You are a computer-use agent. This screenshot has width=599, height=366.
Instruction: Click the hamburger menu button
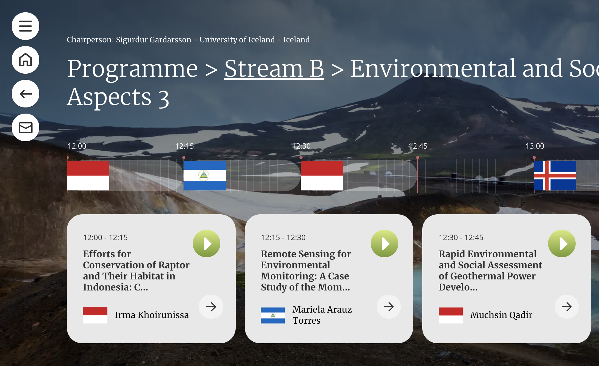point(25,26)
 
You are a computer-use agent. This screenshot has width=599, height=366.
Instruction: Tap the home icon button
point(25,60)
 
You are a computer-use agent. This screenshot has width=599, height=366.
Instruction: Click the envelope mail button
point(25,127)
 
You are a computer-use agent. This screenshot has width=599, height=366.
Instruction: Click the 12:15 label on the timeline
point(184,146)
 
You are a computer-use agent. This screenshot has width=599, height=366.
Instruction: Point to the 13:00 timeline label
point(535,146)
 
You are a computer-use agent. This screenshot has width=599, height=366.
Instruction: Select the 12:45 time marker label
point(418,146)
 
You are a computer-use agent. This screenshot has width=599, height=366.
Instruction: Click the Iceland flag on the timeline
point(555,176)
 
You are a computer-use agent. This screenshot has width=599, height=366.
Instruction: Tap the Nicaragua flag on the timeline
point(205,176)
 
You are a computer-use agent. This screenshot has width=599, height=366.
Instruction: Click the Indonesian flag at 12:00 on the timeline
point(88,176)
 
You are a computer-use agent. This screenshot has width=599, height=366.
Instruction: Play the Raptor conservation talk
point(207,243)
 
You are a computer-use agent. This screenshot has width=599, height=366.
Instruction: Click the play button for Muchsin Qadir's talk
point(562,243)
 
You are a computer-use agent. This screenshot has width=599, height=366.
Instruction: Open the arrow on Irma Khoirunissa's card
point(211,307)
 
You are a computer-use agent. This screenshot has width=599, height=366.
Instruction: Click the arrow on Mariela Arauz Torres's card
point(389,307)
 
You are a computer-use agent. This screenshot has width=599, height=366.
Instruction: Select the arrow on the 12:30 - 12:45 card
point(566,307)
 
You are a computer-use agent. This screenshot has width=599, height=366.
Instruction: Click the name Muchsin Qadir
point(501,315)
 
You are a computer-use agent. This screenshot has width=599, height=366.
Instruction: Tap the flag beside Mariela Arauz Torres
point(273,315)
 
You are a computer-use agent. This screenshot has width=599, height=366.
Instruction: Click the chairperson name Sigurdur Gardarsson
point(153,40)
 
